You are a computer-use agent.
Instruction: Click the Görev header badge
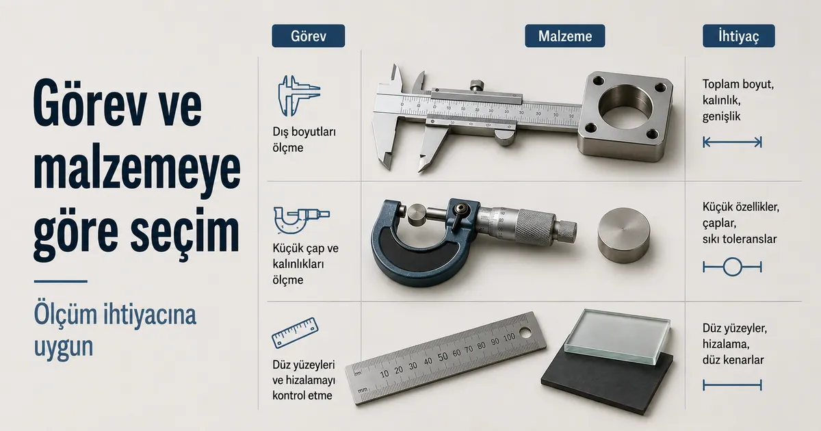point(309,36)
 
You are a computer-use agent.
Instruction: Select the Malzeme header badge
point(565,36)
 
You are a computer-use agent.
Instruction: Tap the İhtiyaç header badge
point(738,36)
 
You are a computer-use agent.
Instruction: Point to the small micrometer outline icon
point(301,220)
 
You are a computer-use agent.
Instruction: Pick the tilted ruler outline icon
point(295,332)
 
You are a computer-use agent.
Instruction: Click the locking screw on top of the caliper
point(476,86)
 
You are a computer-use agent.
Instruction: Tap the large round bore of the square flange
point(625,106)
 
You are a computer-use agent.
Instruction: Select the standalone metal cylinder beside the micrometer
point(623,235)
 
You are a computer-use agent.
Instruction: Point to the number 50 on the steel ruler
point(443,357)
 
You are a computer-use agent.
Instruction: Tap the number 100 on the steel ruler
point(509,338)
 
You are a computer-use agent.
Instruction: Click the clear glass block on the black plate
point(618,336)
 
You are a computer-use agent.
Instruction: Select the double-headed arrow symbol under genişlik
point(732,142)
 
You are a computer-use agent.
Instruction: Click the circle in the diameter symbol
point(732,267)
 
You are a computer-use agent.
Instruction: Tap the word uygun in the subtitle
point(64,346)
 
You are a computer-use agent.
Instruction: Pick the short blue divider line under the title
point(60,281)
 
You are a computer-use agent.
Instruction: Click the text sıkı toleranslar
point(740,239)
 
